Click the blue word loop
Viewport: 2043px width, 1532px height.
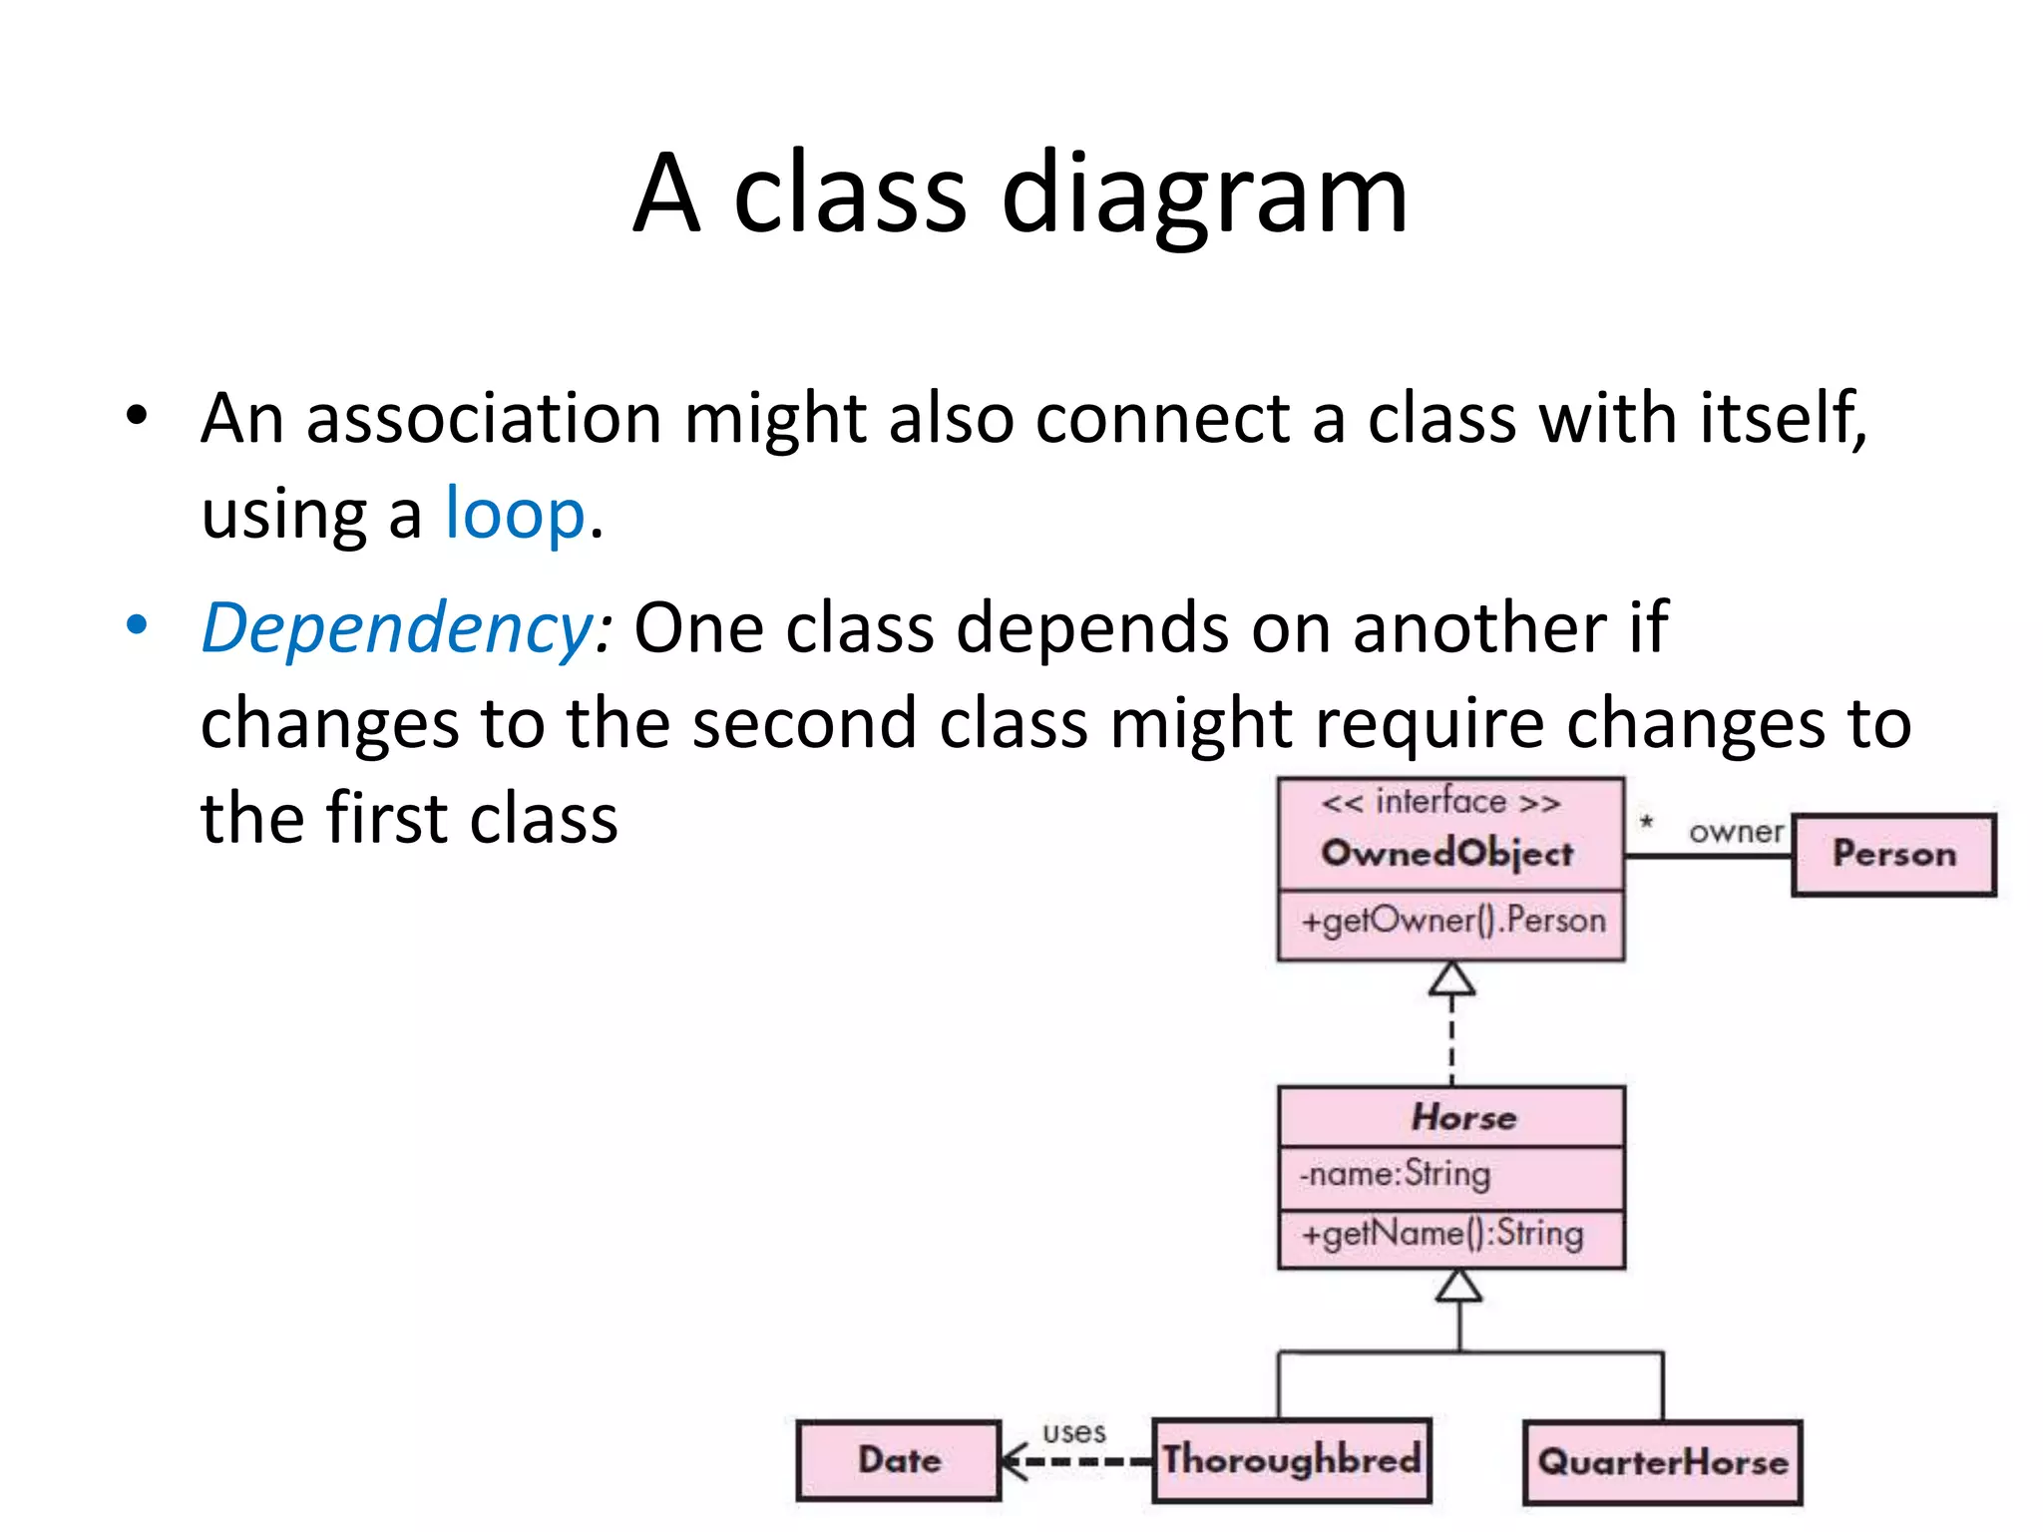(x=515, y=514)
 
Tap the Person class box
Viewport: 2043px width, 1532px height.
(x=1893, y=855)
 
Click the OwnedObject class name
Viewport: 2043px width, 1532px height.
(x=1447, y=854)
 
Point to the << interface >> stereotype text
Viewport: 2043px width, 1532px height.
(x=1440, y=802)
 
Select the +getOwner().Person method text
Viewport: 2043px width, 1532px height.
(x=1452, y=921)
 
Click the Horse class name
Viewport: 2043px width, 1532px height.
(x=1463, y=1117)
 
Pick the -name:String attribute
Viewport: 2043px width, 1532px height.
(x=1395, y=1174)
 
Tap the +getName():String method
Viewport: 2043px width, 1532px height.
(x=1441, y=1234)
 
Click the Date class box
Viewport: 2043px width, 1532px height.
(x=899, y=1460)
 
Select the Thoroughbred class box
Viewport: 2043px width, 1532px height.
(x=1292, y=1460)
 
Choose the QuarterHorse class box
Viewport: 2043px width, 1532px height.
(x=1663, y=1462)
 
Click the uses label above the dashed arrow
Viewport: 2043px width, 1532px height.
(x=1074, y=1432)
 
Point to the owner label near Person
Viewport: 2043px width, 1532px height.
(x=1736, y=831)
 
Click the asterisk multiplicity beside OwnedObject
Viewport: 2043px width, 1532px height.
(x=1647, y=823)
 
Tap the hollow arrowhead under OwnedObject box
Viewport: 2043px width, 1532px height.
(x=1451, y=979)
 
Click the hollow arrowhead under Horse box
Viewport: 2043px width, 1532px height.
(x=1458, y=1287)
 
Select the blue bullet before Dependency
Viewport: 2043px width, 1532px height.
(x=137, y=626)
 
